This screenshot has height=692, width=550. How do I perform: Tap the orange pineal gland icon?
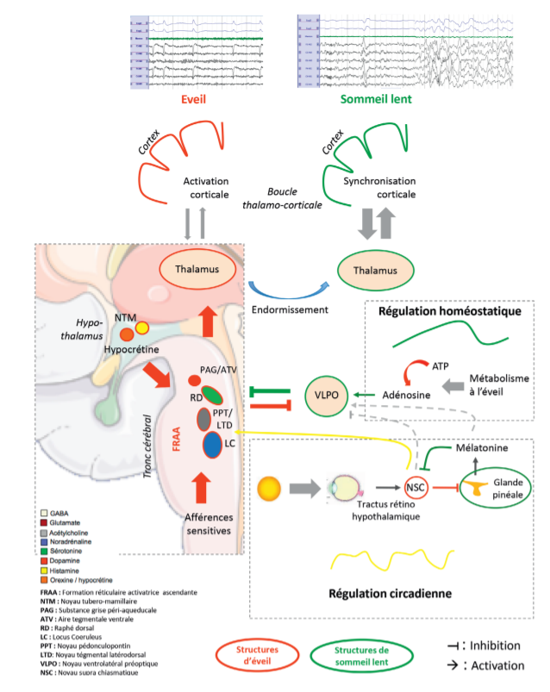(472, 489)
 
